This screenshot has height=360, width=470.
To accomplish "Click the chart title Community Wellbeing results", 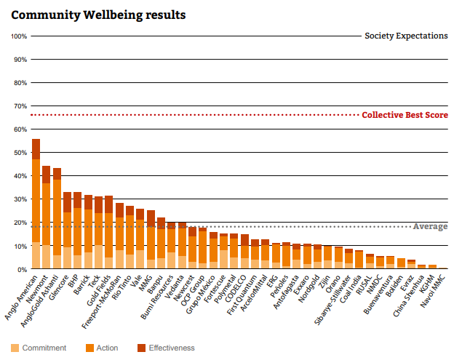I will (x=98, y=15).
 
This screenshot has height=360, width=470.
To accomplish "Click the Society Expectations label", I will (x=406, y=36).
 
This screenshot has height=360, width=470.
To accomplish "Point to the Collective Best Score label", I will (x=405, y=115).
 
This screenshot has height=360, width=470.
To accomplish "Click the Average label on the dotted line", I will (x=430, y=227).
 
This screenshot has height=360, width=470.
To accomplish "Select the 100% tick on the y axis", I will (x=19, y=36).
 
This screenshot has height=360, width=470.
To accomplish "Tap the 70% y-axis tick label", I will (x=20, y=106).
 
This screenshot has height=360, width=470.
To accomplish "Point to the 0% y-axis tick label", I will (x=22, y=270).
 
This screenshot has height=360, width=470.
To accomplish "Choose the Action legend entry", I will (x=101, y=348).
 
